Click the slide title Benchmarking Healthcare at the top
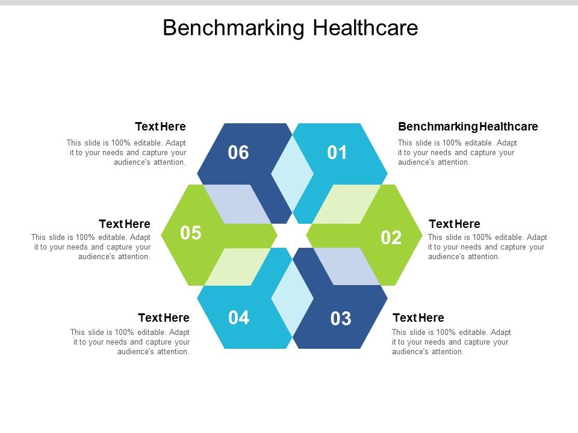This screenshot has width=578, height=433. pos(290,28)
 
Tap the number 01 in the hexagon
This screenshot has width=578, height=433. pos(337,153)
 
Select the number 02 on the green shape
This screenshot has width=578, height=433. pos(391,238)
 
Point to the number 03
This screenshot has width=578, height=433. pos(341,319)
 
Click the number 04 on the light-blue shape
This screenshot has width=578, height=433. pos(239,318)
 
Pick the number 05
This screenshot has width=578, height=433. pos(191,233)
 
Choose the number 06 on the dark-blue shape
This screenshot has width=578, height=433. pos(238,153)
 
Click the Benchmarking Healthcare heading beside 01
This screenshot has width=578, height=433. pos(468,127)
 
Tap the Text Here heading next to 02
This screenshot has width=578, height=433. pos(454,224)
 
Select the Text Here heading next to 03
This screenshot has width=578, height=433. pos(418,318)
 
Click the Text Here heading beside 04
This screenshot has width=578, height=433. pos(164,318)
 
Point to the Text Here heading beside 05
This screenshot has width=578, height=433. pos(125,224)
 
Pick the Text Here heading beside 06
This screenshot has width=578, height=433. pos(160,127)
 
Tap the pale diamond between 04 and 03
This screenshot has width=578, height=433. pos(293,298)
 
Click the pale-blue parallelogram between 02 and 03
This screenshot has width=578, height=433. pos(347,266)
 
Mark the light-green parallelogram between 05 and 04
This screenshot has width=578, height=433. pos(238,266)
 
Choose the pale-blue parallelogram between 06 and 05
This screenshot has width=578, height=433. pos(237,204)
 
